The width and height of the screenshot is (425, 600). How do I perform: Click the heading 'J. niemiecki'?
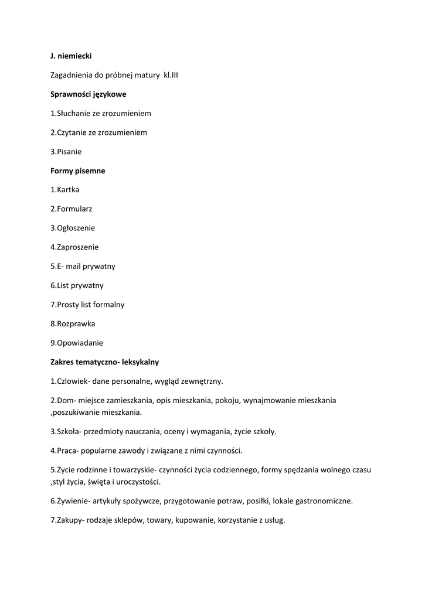(x=71, y=56)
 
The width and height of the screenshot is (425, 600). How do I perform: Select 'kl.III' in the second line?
(x=169, y=75)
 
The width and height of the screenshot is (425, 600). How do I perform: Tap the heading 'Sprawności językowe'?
(x=88, y=94)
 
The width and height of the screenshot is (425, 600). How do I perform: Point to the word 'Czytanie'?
(x=73, y=132)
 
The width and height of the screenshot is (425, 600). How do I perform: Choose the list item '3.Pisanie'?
(x=66, y=152)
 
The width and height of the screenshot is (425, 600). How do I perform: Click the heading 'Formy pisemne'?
(x=78, y=171)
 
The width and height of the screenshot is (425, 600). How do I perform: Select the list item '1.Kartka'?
(x=65, y=190)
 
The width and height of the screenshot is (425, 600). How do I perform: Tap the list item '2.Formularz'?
(x=71, y=209)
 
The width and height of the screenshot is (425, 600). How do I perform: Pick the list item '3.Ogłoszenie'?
(x=73, y=228)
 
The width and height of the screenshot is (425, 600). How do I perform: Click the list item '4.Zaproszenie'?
(x=74, y=247)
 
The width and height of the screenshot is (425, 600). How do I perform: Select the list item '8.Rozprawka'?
(x=73, y=323)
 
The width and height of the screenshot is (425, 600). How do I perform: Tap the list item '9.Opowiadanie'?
(x=77, y=343)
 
